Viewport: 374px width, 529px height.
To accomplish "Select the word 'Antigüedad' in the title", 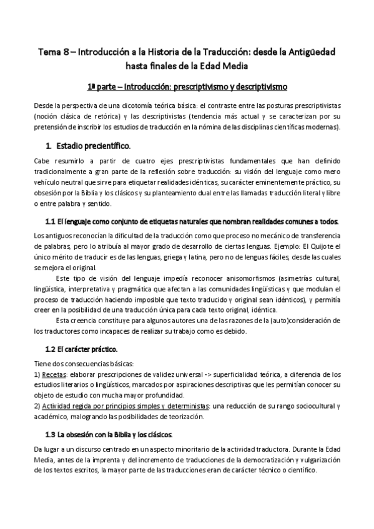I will coord(308,54).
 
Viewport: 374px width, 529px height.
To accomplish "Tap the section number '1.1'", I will coord(52,221).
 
